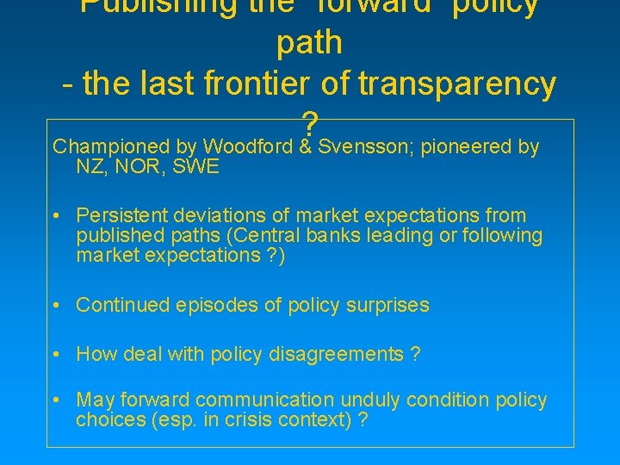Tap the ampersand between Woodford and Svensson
(306, 147)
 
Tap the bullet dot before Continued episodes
(56, 305)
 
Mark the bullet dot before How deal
(56, 354)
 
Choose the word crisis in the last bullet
(259, 421)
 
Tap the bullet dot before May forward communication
(56, 400)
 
